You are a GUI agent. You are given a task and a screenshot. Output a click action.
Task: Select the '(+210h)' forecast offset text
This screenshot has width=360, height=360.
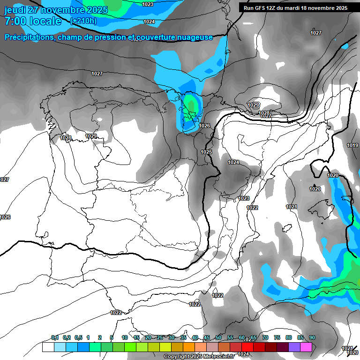click(83, 21)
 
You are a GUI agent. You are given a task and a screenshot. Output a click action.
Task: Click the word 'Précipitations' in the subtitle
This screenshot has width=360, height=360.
click(28, 37)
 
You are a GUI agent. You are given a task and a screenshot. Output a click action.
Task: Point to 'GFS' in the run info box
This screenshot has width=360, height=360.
click(262, 7)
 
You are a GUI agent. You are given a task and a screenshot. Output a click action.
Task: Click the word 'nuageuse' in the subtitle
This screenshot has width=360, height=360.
click(194, 37)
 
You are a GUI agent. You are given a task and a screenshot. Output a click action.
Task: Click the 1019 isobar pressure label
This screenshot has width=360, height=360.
click(352, 146)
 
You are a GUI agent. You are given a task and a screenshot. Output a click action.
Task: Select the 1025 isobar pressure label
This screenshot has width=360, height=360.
click(206, 152)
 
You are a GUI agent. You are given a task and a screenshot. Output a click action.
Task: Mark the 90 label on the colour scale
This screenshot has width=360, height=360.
click(312, 338)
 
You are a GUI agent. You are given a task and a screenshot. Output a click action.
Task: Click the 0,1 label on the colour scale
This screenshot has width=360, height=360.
click(55, 338)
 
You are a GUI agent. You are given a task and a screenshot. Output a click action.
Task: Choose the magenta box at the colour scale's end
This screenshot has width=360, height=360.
click(306, 347)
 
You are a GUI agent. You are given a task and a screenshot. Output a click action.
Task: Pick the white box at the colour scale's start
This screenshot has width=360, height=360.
click(48, 347)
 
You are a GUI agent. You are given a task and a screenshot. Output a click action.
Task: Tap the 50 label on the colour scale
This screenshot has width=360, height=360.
click(218, 338)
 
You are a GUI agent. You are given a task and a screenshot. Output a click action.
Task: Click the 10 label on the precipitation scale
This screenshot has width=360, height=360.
click(125, 338)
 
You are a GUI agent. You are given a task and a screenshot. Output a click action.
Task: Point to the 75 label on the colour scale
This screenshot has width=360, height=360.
click(277, 338)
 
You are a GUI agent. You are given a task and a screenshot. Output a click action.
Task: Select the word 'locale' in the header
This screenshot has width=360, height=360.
click(45, 21)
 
